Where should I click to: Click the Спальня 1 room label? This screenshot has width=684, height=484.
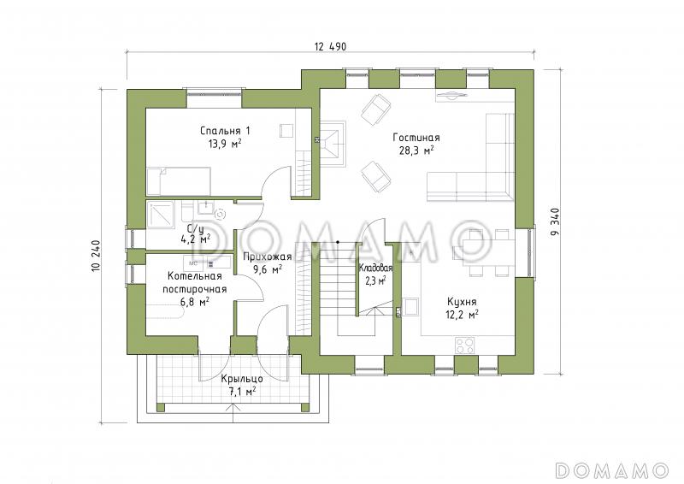[225, 131]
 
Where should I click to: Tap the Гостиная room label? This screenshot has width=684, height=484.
[416, 138]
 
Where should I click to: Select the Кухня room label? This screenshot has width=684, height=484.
[462, 302]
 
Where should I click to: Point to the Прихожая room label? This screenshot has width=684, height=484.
[267, 257]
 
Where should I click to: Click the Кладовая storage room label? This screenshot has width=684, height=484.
[375, 268]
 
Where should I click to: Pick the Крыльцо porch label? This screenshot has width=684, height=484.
[242, 379]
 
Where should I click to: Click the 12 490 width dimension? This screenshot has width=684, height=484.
[330, 46]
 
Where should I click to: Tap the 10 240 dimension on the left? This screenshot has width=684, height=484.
[96, 257]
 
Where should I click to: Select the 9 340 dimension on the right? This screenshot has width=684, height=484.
[555, 221]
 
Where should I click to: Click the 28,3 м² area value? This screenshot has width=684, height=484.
[416, 151]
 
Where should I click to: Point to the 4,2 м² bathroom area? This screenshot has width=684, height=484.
[195, 239]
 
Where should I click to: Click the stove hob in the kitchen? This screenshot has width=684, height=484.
[464, 345]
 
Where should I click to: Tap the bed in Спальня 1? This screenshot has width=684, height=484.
[179, 180]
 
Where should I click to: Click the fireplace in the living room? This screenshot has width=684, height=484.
[333, 143]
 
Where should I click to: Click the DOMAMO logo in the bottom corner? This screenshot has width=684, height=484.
[611, 470]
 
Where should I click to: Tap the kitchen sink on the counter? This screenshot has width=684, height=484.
[410, 306]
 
